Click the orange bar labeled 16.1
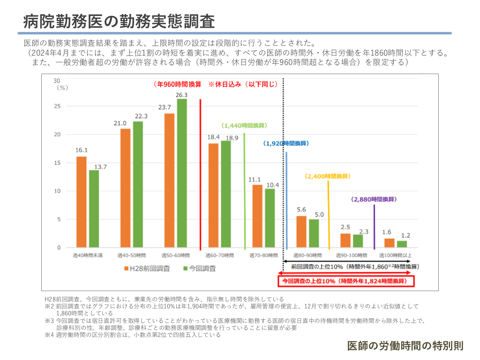tap(81, 202)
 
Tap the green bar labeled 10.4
tap(270, 218)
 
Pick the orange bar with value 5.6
tap(301, 232)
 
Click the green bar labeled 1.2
tap(402, 244)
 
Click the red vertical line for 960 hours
tap(201, 174)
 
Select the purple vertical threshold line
tap(374, 227)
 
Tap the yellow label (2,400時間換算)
tap(328, 177)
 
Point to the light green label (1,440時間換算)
tap(244, 126)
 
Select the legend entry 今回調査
tap(200, 269)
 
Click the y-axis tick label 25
tap(57, 106)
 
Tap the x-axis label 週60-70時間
tap(219, 255)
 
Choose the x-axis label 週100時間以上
tap(395, 255)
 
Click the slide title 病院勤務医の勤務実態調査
tap(119, 21)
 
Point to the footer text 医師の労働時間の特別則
tap(405, 346)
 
